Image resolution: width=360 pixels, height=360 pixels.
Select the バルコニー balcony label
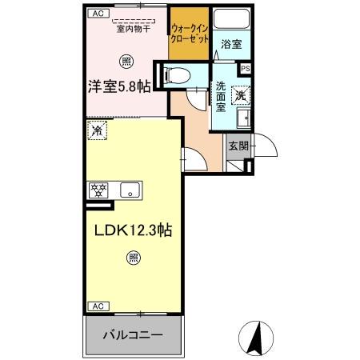[x=133, y=335]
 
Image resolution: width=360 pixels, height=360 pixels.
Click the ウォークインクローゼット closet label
[x=190, y=34]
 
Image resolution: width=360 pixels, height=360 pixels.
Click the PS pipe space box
[x=245, y=69]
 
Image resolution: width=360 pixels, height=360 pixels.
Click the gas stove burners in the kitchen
[x=99, y=190]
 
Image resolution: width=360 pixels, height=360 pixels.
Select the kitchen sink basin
[x=130, y=190]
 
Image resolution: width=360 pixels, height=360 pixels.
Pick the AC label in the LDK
[x=96, y=306]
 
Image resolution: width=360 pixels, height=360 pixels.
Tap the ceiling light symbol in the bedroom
[x=126, y=61]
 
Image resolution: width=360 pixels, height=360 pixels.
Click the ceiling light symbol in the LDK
[x=133, y=258]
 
